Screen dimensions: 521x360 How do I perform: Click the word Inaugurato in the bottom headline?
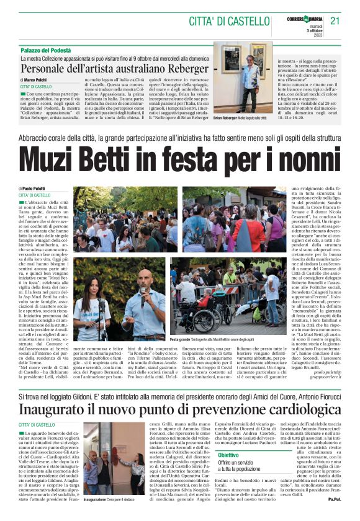58,393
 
